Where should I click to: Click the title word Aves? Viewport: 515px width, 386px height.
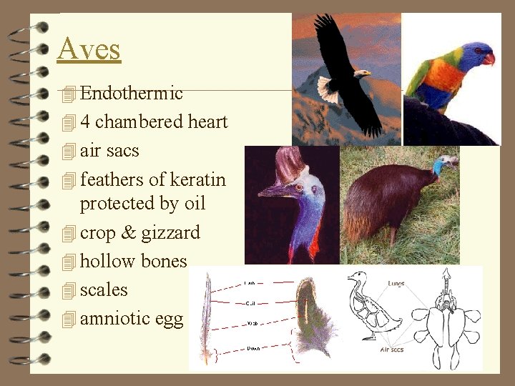[x=89, y=49]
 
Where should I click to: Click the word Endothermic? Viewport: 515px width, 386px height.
[x=132, y=93]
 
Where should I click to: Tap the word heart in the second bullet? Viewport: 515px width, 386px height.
[x=207, y=122]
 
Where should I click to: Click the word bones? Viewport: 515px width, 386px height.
[x=164, y=261]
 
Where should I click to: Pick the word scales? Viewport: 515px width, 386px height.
[x=104, y=289]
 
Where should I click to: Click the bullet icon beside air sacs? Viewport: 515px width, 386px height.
[x=69, y=152]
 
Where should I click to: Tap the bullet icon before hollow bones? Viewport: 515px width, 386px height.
[x=69, y=262]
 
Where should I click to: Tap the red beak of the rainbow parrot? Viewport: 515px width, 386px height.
[x=489, y=59]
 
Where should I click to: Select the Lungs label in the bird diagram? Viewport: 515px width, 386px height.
[x=396, y=284]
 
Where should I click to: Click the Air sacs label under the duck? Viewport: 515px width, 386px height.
[x=392, y=350]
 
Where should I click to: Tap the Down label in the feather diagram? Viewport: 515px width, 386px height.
[x=253, y=348]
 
